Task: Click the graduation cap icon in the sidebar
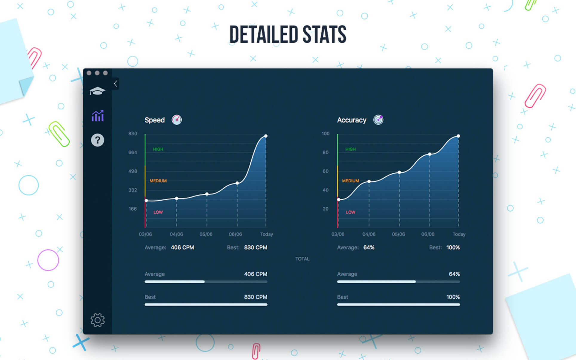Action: [97, 91]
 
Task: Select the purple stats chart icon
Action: [97, 116]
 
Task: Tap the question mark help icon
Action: [97, 140]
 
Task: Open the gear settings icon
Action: [97, 320]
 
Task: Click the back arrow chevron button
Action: [116, 84]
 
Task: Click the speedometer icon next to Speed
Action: [177, 120]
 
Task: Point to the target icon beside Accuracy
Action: [378, 120]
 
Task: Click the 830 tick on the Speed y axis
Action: [133, 133]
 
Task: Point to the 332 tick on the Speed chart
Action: [133, 190]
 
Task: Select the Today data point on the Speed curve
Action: [266, 136]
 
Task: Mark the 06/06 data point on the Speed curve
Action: [237, 183]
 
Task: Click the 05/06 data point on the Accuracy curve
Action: [399, 173]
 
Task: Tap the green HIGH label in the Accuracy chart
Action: [350, 149]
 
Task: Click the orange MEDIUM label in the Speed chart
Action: [158, 181]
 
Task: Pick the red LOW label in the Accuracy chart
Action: [350, 212]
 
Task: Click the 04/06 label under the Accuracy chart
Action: [369, 234]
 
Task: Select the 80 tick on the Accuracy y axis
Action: [325, 152]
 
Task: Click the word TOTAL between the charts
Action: [302, 259]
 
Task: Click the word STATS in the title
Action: [324, 35]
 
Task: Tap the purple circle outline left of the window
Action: [48, 260]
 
